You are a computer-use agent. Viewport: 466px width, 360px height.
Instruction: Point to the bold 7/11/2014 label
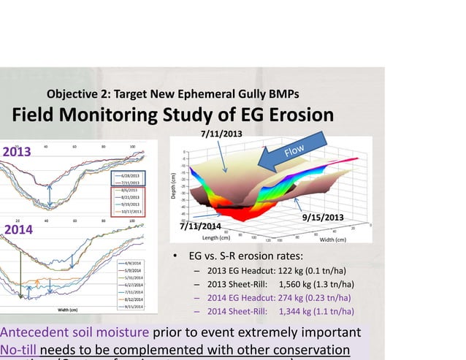[x=200, y=226]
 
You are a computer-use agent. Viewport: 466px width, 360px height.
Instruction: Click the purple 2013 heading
[x=17, y=152]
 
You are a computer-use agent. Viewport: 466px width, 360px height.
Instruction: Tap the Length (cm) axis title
[x=218, y=238]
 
